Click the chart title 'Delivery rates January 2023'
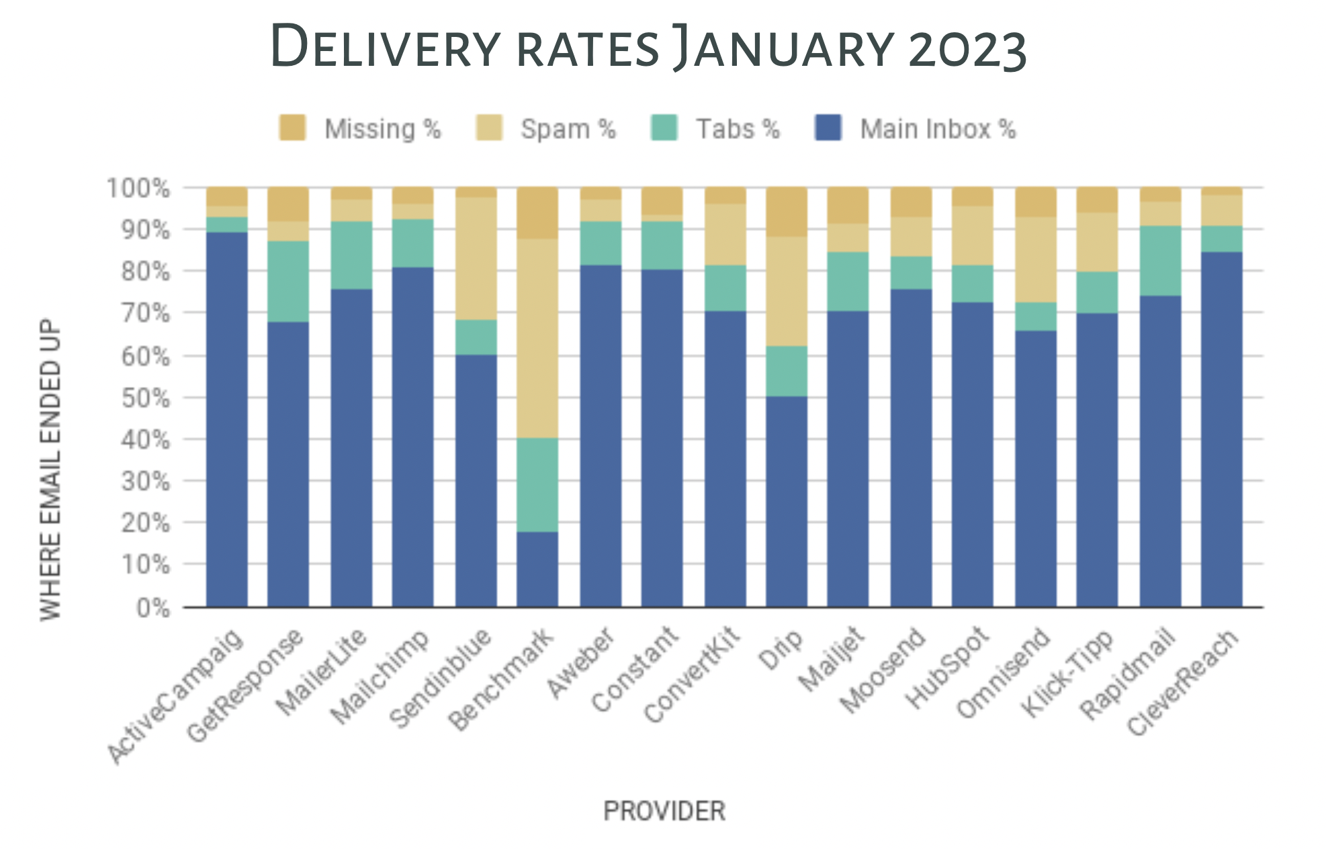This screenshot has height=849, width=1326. [648, 47]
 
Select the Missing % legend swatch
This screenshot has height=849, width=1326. [292, 128]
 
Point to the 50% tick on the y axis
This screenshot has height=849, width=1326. [145, 398]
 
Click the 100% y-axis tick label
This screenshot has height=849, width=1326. [138, 189]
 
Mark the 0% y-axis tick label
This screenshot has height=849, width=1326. [152, 609]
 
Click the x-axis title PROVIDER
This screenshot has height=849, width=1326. [664, 811]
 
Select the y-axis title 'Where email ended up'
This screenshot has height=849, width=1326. [51, 470]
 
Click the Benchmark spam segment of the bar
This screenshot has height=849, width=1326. [537, 338]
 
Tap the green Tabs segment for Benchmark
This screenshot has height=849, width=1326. [537, 484]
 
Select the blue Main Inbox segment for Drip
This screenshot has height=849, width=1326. [787, 501]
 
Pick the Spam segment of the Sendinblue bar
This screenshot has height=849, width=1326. [476, 259]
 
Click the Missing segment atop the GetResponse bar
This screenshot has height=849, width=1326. [288, 204]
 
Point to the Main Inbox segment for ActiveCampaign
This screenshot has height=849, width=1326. [226, 419]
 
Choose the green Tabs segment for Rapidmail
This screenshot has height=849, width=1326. [1160, 261]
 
